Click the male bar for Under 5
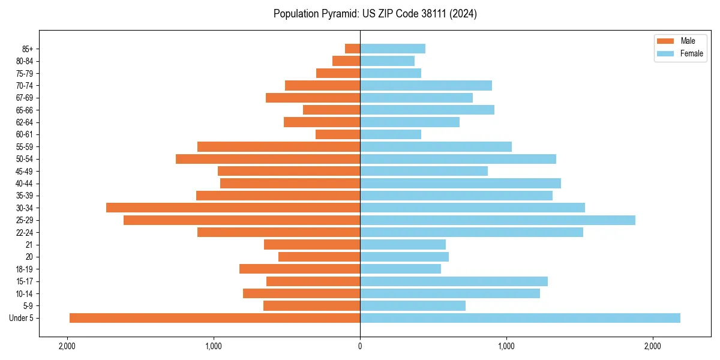point(215,318)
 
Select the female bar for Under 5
point(520,318)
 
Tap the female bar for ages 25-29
point(497,220)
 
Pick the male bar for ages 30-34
point(233,208)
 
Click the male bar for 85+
point(353,49)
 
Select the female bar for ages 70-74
point(426,85)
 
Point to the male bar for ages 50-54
point(268,159)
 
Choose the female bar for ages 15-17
point(454,281)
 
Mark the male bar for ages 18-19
point(299,269)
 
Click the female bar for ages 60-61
point(391,134)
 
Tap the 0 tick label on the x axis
point(360,346)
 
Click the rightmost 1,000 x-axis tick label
point(506,346)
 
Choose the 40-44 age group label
point(24,184)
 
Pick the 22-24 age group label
point(24,232)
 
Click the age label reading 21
point(29,245)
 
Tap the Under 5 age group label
point(22,318)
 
